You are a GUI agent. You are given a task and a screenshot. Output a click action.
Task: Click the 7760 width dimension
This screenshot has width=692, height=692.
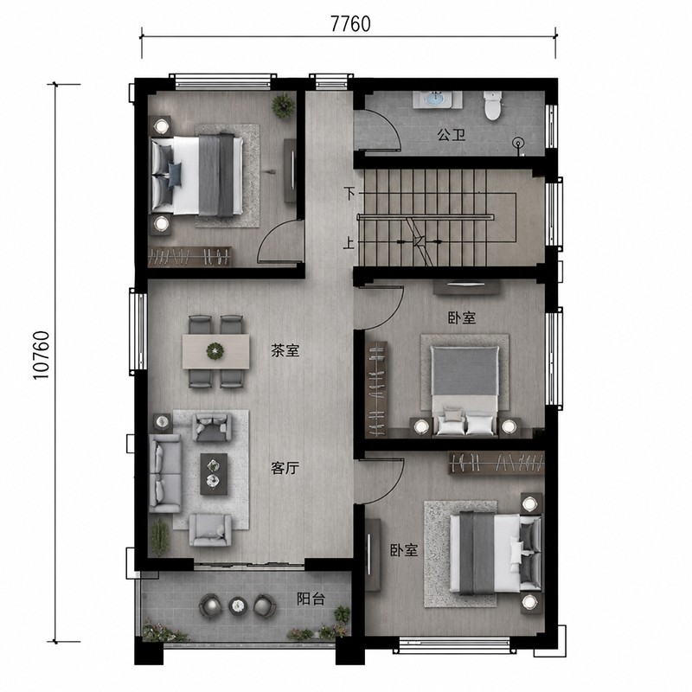click(x=351, y=24)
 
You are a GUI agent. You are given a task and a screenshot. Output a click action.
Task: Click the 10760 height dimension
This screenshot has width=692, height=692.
click(x=42, y=355)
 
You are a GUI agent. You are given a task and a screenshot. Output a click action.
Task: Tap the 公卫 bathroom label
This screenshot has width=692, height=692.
click(x=451, y=135)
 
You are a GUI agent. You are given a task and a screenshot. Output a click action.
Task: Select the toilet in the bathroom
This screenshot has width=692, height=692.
click(x=492, y=105)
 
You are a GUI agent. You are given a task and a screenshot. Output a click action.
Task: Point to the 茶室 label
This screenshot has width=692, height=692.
click(x=285, y=351)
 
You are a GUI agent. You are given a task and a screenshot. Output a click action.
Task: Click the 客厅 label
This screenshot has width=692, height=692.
click(x=285, y=468)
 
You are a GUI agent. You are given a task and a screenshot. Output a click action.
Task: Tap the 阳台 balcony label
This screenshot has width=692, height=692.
click(x=311, y=599)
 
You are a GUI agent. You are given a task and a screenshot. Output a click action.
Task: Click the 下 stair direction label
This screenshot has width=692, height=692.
click(x=349, y=193)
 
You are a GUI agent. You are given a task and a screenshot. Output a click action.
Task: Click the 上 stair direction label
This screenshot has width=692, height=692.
click(x=349, y=243)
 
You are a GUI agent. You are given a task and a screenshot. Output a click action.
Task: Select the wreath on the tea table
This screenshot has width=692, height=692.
click(x=215, y=351)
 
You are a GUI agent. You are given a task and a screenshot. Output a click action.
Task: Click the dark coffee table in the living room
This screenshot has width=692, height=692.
click(x=214, y=473)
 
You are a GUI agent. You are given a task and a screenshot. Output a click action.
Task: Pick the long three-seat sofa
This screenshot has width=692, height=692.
click(x=165, y=473)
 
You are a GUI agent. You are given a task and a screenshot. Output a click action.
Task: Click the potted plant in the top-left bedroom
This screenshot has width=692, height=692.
click(x=283, y=106)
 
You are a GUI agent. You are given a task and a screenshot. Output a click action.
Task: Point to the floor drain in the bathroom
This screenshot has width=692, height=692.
click(x=518, y=143)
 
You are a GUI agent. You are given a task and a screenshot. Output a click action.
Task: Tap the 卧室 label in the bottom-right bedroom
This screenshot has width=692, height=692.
click(x=403, y=550)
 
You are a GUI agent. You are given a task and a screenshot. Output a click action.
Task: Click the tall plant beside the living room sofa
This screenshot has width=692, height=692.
click(x=160, y=536)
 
